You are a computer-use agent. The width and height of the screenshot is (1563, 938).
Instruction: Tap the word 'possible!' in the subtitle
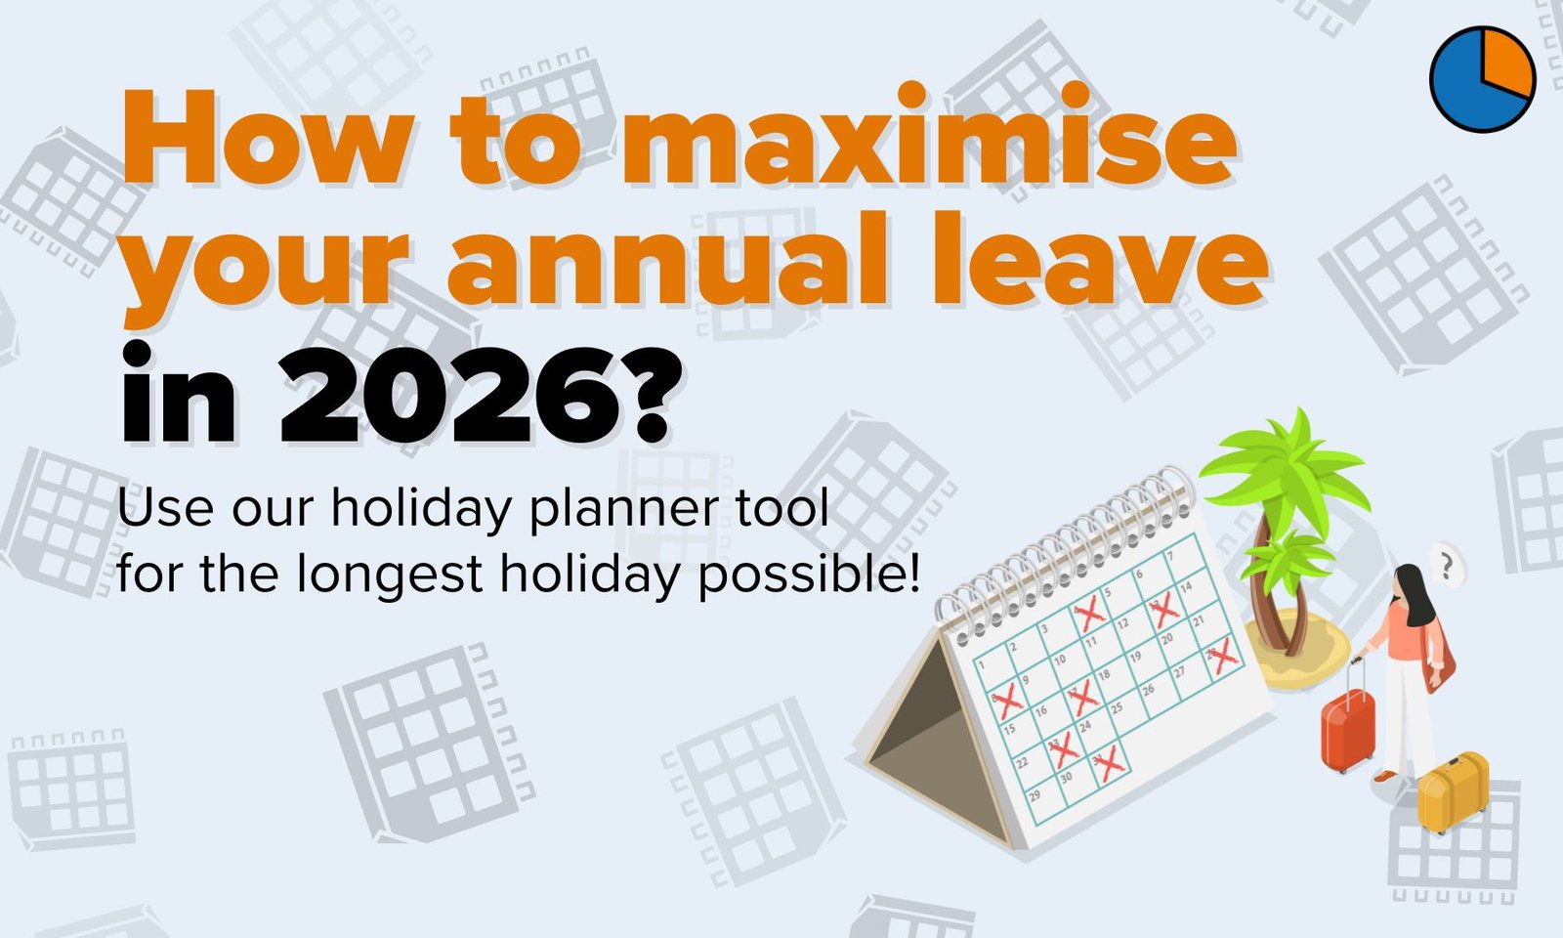point(809,576)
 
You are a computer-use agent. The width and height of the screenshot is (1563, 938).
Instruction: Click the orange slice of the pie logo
point(1508,62)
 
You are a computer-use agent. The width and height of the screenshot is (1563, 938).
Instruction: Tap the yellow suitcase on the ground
point(1453,792)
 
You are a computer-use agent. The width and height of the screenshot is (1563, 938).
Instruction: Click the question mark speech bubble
point(1447,566)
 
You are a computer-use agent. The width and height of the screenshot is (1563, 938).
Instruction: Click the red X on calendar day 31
point(1108,763)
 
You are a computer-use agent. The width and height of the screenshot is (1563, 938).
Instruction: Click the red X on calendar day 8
point(1006,701)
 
